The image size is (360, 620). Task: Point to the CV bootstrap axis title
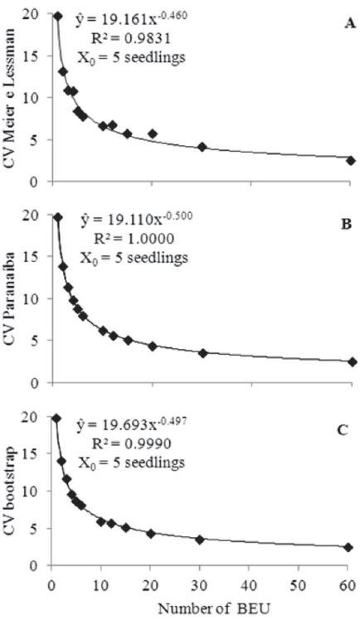pos(12,497)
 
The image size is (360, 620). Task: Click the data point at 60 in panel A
pos(350,161)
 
